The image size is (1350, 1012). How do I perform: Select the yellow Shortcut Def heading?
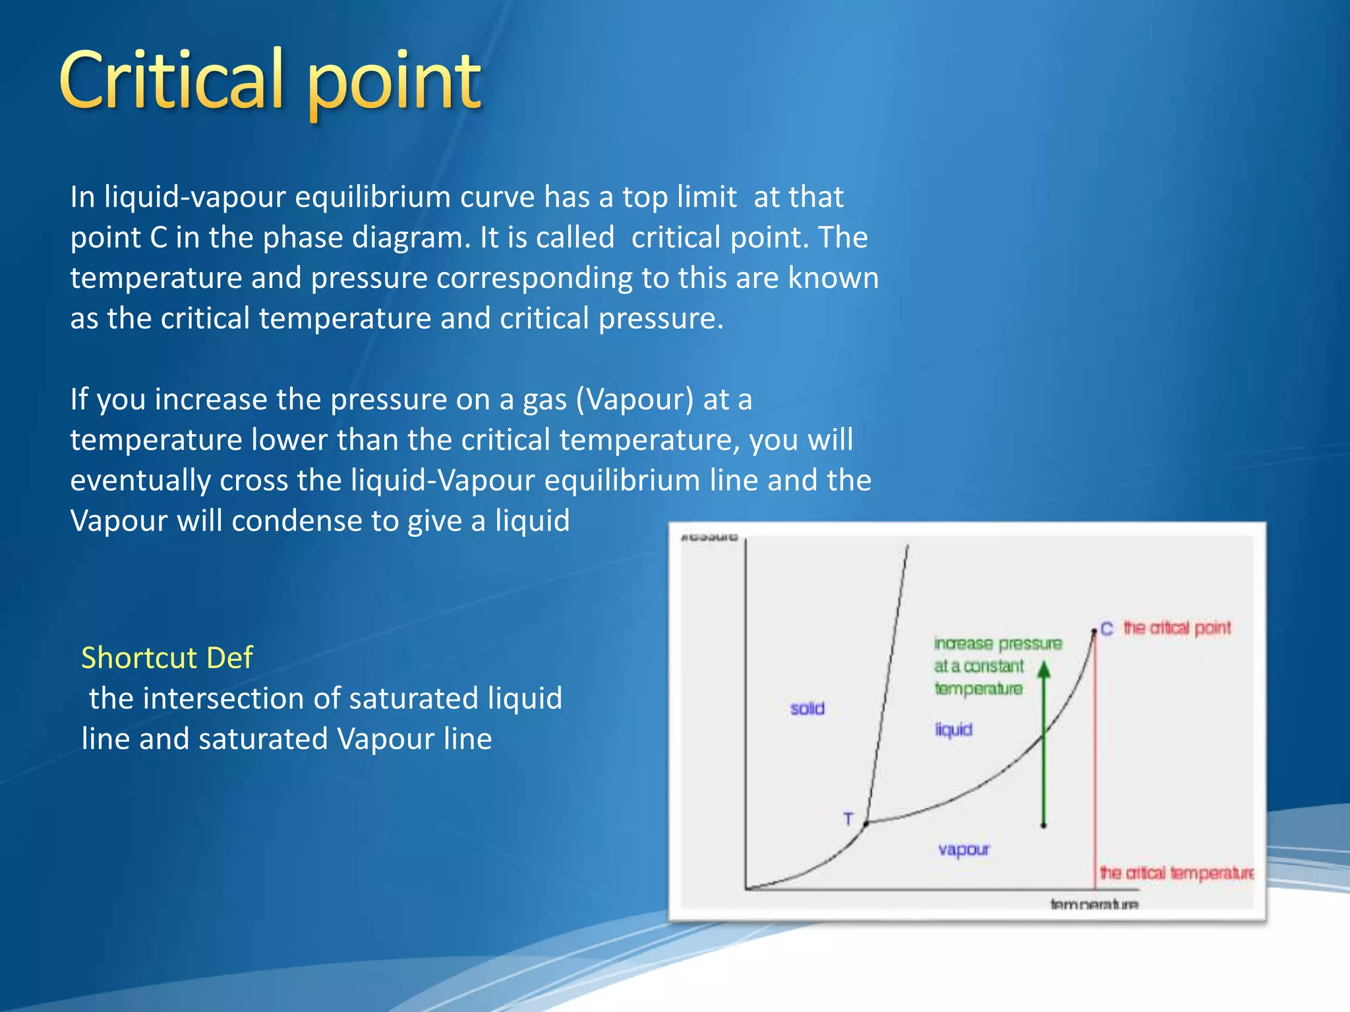point(167,658)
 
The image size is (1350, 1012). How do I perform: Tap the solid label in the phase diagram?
point(807,708)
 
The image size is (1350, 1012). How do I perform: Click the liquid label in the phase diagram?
point(953,729)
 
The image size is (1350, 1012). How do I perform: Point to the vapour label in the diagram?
point(964,849)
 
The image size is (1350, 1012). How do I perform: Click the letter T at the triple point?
point(848,819)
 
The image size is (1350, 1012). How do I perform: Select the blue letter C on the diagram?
point(1107,629)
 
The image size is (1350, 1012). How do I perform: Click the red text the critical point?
point(1177,628)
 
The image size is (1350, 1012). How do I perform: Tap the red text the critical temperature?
point(1177,873)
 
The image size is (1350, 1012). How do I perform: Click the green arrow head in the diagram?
point(1043,670)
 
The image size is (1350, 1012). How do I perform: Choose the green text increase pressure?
point(997,644)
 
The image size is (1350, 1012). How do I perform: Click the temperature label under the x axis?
point(1094,904)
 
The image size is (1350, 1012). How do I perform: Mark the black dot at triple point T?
point(866,824)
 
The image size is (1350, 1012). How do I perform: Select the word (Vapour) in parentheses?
point(635,399)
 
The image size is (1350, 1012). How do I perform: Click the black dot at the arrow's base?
point(1043,825)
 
